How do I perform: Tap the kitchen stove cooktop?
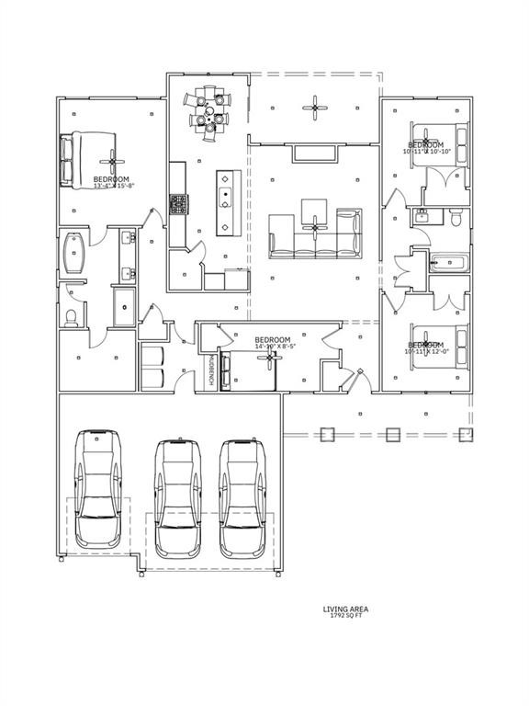coord(178,204)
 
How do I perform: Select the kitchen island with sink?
coord(224,202)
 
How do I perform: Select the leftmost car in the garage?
coord(98,487)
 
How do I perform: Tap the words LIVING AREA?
coord(345,608)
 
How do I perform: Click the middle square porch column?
coord(393,434)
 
